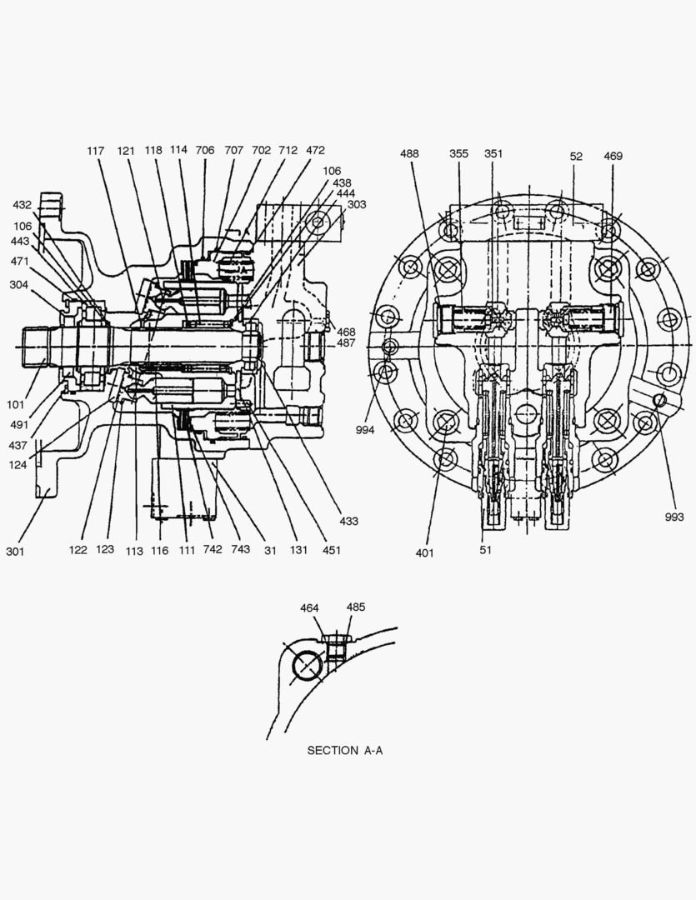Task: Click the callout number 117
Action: click(96, 151)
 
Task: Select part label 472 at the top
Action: click(315, 151)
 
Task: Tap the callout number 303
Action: click(356, 204)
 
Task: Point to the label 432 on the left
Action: click(23, 204)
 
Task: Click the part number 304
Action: click(18, 284)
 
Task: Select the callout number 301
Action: click(16, 551)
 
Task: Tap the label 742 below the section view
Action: click(212, 550)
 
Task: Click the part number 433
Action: click(348, 521)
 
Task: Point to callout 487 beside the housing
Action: click(346, 343)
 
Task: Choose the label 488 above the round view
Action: click(409, 154)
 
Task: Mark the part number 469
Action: click(613, 156)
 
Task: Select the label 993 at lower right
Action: click(674, 517)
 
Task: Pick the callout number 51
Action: click(486, 551)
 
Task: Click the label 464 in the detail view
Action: click(310, 608)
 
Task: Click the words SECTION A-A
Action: click(344, 751)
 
